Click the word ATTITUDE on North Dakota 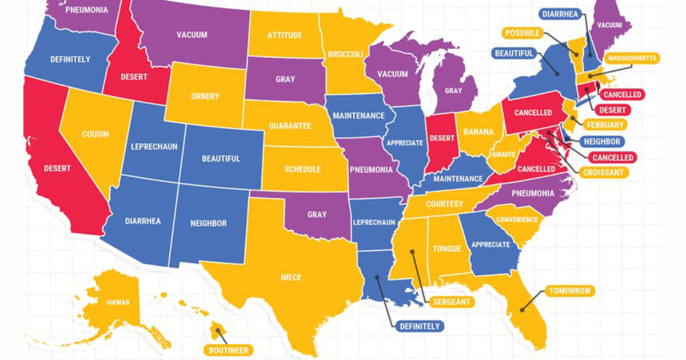285,35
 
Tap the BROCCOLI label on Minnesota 345,54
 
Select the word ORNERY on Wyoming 205,97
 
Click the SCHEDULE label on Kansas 302,169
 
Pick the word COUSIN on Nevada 95,134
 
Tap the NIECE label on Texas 291,278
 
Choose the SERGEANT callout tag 451,301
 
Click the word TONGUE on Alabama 447,249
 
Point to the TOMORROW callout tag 569,291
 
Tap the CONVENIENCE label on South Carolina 517,219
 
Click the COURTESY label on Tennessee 444,204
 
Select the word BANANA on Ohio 478,132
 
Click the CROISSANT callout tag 603,171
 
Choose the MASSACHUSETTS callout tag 633,58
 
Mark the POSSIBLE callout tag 523,33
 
